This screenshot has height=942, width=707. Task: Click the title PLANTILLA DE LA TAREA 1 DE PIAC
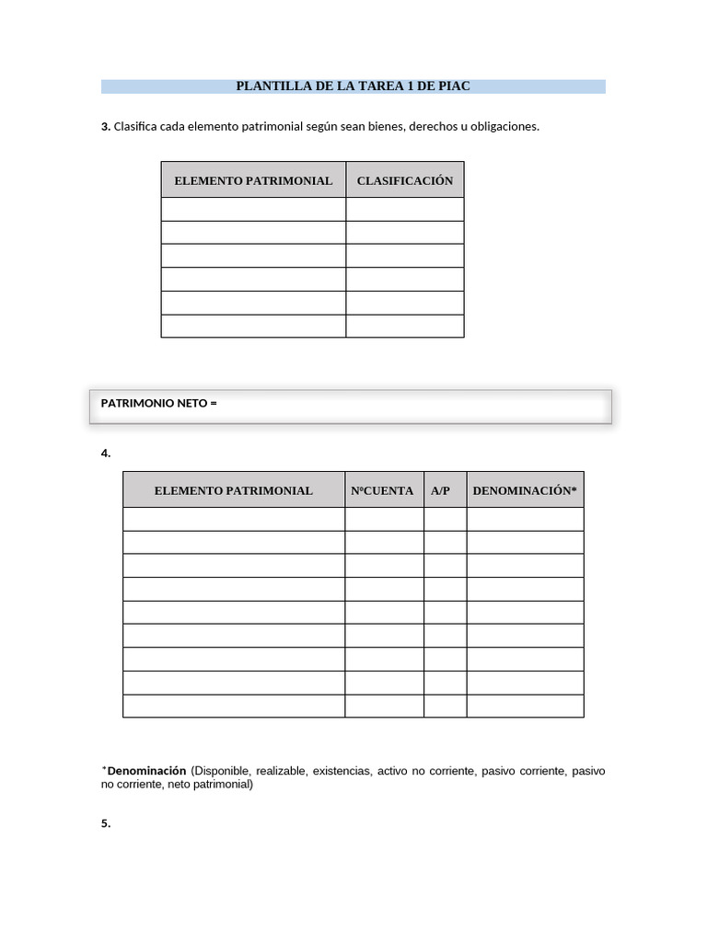click(353, 86)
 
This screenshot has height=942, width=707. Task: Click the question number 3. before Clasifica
click(106, 127)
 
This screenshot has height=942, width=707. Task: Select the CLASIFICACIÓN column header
click(405, 180)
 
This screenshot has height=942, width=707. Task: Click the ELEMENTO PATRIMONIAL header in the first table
click(253, 180)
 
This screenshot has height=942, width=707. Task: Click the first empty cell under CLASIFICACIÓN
click(405, 210)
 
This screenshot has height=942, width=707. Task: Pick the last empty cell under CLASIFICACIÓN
click(405, 327)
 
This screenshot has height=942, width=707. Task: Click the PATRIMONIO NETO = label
click(158, 403)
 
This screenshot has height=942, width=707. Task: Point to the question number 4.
click(106, 453)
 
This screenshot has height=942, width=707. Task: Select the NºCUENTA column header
click(383, 490)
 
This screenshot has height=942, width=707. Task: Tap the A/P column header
click(441, 490)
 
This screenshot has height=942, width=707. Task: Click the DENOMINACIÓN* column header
click(525, 490)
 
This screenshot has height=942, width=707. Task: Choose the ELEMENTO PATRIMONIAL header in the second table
click(234, 490)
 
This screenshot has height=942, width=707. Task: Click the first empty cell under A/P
click(445, 519)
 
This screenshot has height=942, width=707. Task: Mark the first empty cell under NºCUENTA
click(384, 519)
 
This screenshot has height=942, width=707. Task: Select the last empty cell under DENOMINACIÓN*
click(525, 706)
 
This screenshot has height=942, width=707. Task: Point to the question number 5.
click(106, 824)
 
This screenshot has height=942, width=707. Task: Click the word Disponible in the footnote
click(222, 771)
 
